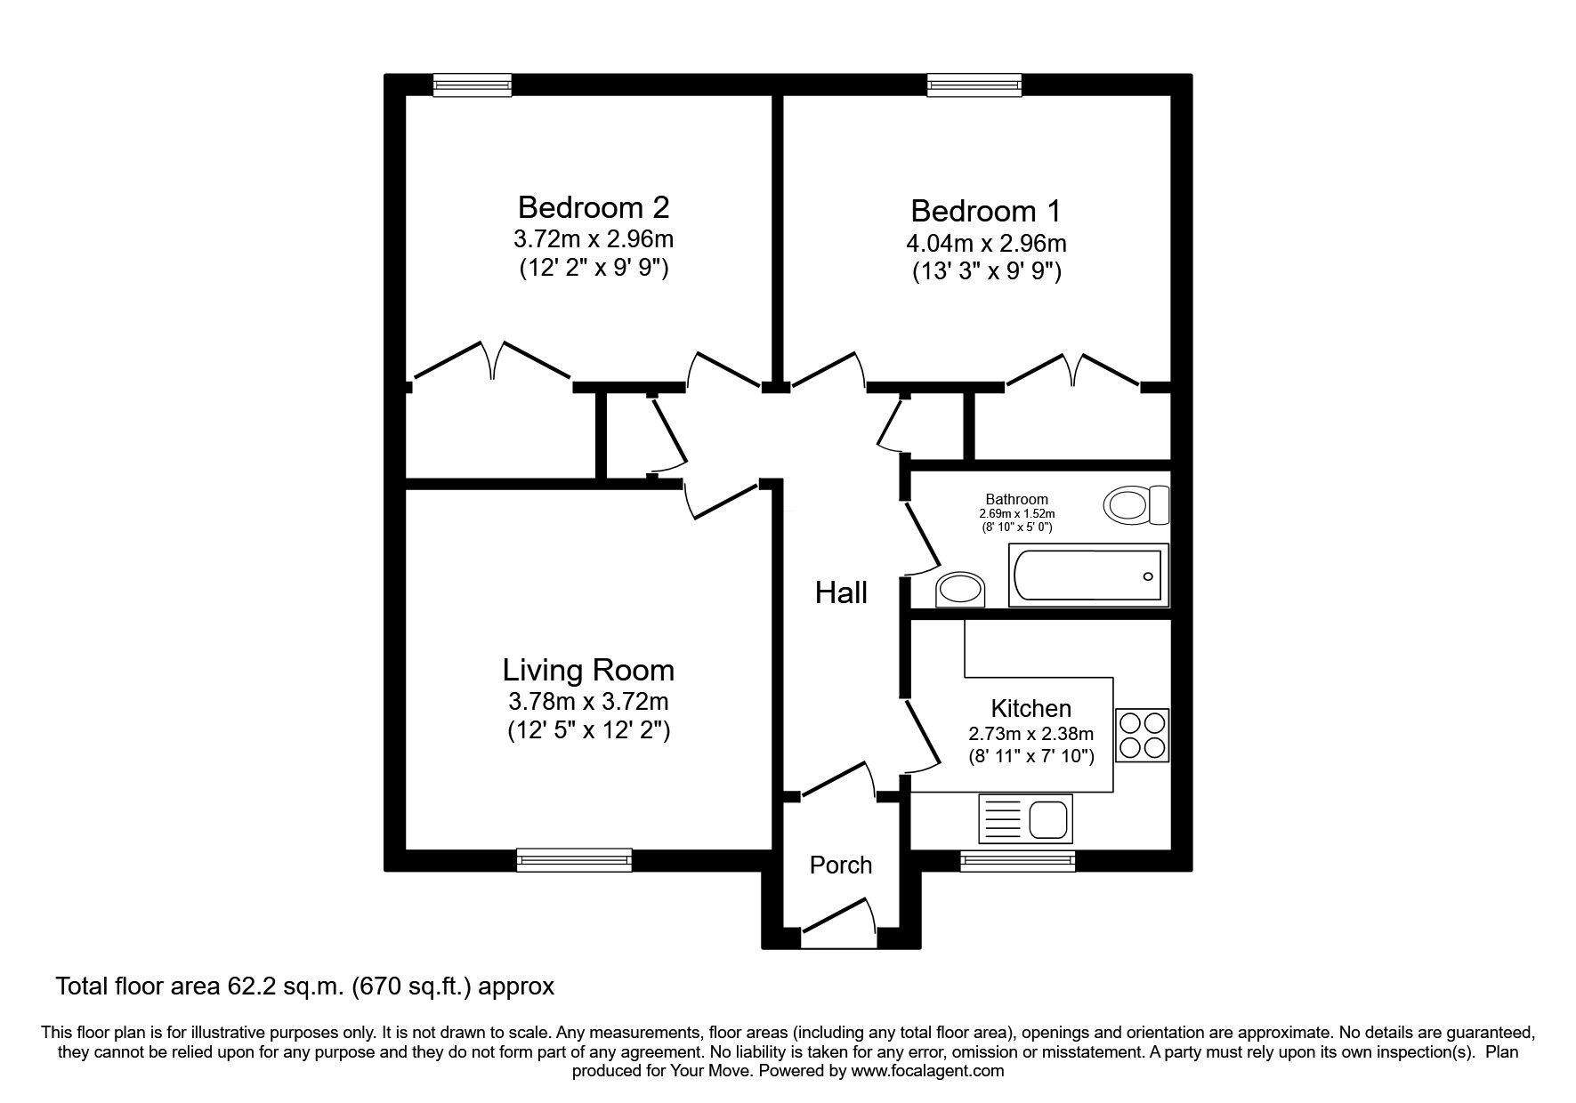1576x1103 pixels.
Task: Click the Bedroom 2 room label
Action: coord(593,207)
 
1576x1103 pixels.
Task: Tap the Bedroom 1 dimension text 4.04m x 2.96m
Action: coord(986,243)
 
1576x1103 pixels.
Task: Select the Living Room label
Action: coord(588,670)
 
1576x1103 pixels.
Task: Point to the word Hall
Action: coord(841,593)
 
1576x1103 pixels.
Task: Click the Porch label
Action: coord(841,865)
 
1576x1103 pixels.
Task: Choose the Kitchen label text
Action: coord(1031,709)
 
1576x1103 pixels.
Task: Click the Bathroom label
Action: coord(1016,500)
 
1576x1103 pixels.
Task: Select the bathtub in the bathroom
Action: coord(1087,576)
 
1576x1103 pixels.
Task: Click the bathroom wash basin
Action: coord(961,589)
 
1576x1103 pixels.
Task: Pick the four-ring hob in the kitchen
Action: coord(1142,736)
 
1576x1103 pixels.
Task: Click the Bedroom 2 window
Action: coord(473,85)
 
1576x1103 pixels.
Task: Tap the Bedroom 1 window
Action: coord(974,85)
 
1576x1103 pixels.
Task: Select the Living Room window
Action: coord(574,859)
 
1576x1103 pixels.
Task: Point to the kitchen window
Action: coord(1017,859)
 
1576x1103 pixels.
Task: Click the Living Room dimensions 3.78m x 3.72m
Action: coord(588,701)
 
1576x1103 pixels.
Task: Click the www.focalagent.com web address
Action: coord(927,1071)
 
